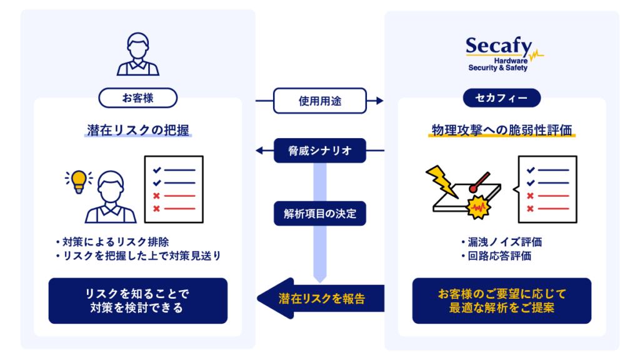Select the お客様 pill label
[138, 97]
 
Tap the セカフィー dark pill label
[501, 97]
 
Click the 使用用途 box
[320, 100]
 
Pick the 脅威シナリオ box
[320, 151]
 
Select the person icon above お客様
[138, 54]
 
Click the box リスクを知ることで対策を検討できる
[138, 301]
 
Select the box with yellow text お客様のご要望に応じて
[501, 301]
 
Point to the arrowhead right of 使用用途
[378, 100]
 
